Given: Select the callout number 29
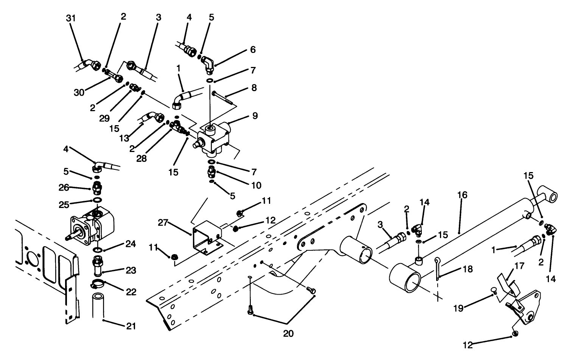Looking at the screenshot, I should [x=104, y=118].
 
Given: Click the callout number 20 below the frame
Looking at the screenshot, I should [x=288, y=334].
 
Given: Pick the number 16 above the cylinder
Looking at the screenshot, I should [x=462, y=195].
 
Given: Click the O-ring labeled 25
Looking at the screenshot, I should [x=97, y=200].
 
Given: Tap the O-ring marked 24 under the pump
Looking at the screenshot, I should [x=97, y=250].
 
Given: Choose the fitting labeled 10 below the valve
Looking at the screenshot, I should [x=211, y=173].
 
